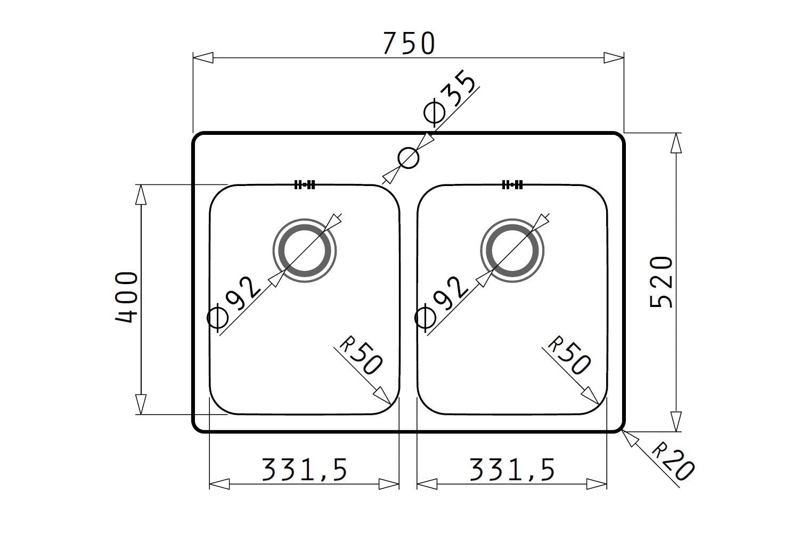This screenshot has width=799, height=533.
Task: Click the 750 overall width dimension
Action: (409, 43)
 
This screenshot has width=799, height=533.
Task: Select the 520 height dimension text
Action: (661, 282)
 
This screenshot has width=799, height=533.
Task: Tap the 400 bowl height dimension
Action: (126, 297)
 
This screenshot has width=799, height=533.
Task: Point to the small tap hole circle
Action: (409, 158)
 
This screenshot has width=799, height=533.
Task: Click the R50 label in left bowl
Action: (361, 355)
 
